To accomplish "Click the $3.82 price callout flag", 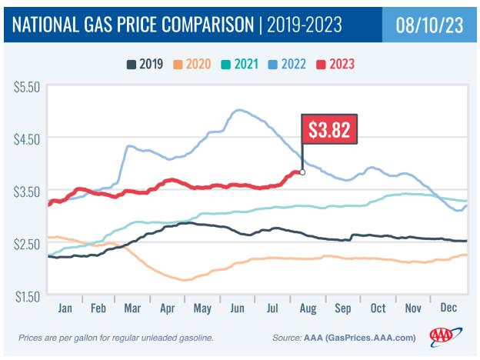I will tap(329, 131).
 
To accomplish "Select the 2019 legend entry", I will tap(145, 63).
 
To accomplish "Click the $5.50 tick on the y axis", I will tap(26, 88).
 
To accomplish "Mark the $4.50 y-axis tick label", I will tap(26, 138).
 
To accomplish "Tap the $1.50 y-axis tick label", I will tap(26, 295).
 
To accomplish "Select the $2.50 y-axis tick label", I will tap(26, 244).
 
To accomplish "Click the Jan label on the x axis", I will tap(65, 308).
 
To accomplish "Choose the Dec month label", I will tap(450, 308).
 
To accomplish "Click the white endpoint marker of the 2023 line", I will tap(302, 172).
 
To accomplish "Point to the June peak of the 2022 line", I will tap(238, 110).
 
